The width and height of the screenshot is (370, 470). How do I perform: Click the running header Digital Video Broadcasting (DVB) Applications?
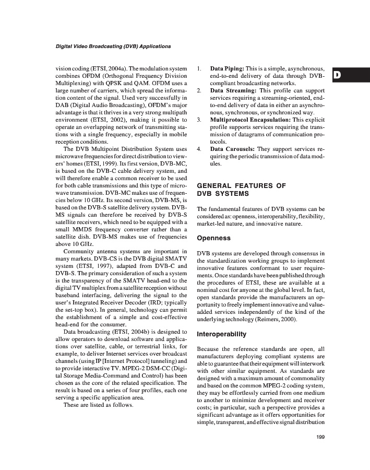(113, 46)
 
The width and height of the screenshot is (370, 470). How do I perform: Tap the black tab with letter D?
(337, 75)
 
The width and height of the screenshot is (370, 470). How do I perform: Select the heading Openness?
(213, 238)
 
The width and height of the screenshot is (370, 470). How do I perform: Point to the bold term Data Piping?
(226, 68)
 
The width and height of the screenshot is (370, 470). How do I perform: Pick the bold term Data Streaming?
(233, 90)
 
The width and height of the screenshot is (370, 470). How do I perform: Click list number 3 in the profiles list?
(199, 120)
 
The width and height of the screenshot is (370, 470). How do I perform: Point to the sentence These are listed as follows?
(98, 405)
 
